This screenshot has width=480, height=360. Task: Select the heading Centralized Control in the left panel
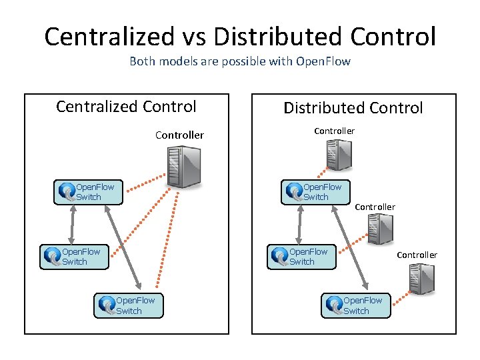point(126,107)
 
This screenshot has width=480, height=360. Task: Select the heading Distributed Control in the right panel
point(353,108)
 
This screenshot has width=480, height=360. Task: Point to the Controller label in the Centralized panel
point(179,135)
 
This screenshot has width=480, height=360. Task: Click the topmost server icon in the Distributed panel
point(339,156)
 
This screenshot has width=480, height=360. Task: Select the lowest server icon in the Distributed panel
point(421,279)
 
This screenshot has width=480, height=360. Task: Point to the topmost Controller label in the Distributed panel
point(334,131)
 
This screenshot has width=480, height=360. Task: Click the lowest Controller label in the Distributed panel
point(417,255)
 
